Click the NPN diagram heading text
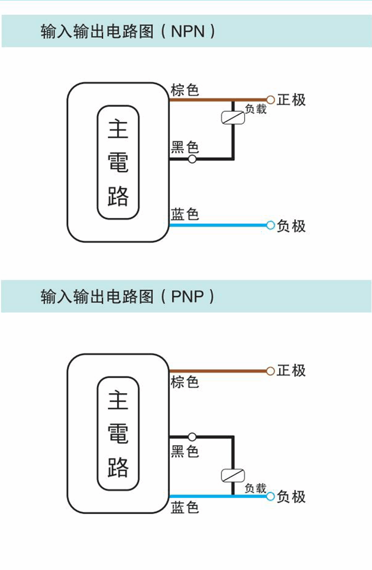[128, 32]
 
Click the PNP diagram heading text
[128, 297]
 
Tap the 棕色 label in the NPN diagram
[184, 90]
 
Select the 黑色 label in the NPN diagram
[184, 148]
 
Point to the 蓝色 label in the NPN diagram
[184, 215]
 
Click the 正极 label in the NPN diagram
[291, 99]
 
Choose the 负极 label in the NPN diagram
[291, 226]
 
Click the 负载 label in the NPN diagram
[255, 109]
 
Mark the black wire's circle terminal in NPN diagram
[192, 159]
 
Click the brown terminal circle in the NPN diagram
[271, 99]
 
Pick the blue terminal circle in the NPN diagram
[271, 225]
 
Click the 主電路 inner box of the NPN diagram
[118, 162]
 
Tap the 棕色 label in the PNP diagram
[184, 382]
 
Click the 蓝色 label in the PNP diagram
[184, 507]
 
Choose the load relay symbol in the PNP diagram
[233, 475]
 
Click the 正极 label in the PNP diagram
[291, 371]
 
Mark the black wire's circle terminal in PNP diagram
[192, 437]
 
